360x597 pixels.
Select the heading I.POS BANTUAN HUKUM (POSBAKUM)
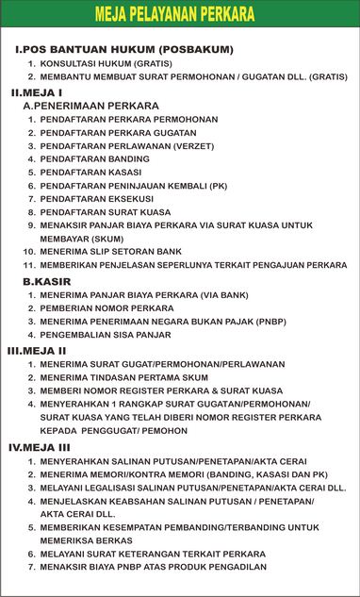click(x=124, y=49)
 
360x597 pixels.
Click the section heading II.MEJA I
click(x=36, y=92)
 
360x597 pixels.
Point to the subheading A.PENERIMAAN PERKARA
click(x=90, y=106)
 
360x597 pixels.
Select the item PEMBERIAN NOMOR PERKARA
click(x=106, y=308)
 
